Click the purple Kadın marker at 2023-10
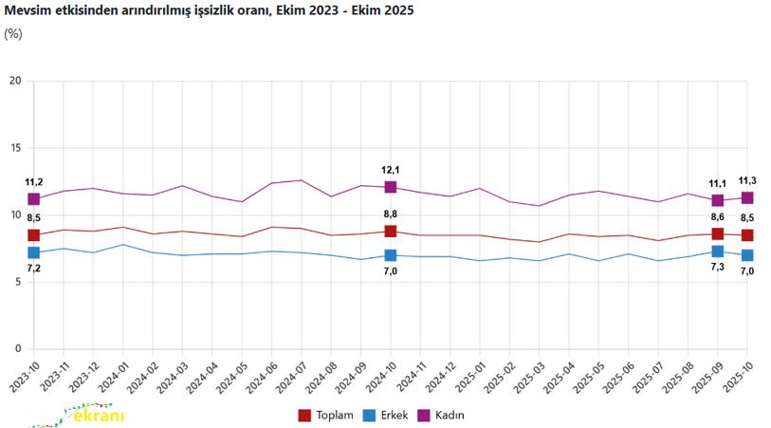click(34, 199)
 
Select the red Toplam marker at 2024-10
click(391, 232)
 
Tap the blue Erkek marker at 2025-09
click(718, 251)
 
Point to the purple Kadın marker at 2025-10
click(747, 197)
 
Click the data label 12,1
click(391, 171)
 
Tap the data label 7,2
click(34, 269)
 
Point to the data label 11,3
click(746, 180)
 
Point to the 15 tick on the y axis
click(14, 148)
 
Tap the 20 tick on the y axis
click(14, 81)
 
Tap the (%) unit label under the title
click(13, 33)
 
